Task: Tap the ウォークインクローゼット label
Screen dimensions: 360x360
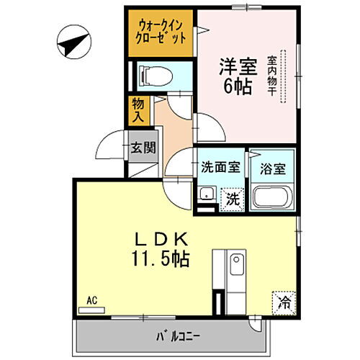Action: [163, 30]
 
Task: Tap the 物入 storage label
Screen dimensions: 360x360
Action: [138, 109]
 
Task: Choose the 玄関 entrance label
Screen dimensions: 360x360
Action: [143, 148]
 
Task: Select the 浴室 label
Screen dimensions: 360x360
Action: [271, 168]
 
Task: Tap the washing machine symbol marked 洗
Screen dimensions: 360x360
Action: [232, 198]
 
